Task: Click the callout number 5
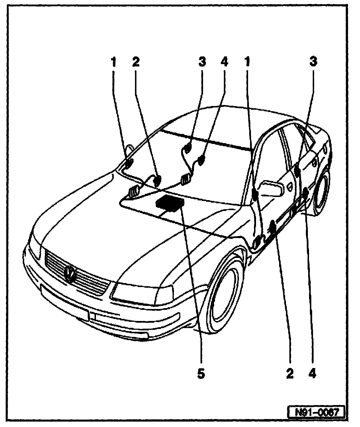pos(201,374)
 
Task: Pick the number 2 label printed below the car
pos(290,374)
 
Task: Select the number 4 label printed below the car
pos(312,374)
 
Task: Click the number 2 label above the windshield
pos(136,62)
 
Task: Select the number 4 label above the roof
pos(224,62)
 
